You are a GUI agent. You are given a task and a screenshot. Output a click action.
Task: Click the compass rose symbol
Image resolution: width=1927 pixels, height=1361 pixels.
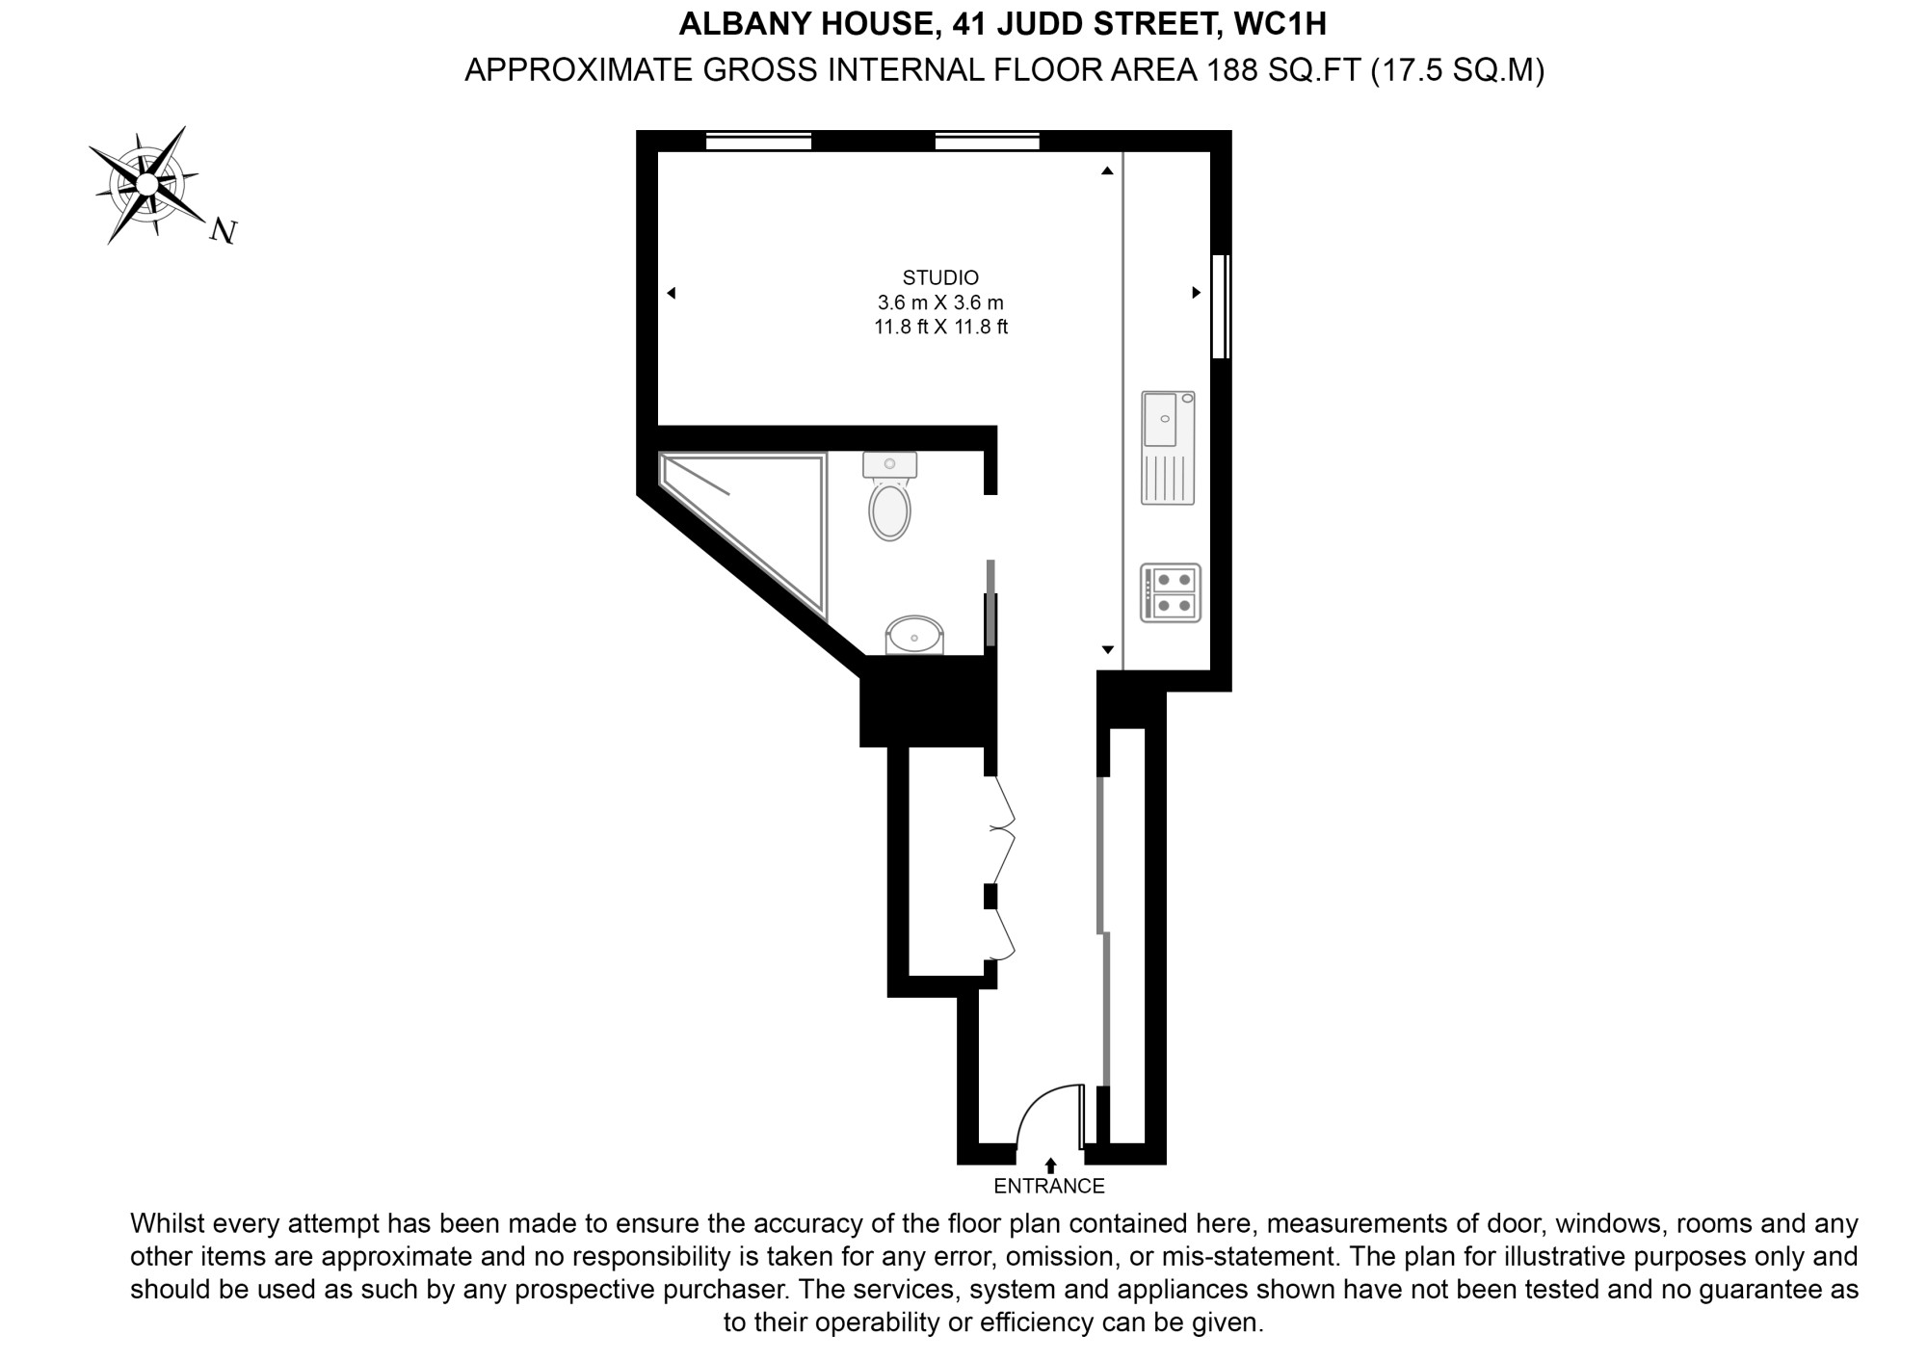146,184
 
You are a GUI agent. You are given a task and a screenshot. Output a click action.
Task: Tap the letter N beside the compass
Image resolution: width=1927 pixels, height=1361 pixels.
224,231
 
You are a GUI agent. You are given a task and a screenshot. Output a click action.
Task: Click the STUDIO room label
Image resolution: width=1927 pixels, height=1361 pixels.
940,277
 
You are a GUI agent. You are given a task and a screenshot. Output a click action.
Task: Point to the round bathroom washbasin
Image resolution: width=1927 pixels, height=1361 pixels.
914,636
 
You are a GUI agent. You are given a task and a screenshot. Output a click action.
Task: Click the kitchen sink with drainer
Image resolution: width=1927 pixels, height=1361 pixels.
1168,448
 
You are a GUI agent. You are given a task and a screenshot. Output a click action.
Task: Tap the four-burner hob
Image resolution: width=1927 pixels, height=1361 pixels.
1171,592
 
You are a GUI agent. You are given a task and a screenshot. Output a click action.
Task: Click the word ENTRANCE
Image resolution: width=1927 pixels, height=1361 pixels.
1049,1186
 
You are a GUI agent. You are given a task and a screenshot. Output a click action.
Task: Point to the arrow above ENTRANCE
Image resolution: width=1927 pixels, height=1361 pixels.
1050,1165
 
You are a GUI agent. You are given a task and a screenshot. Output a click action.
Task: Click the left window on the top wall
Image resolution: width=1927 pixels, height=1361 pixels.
758,142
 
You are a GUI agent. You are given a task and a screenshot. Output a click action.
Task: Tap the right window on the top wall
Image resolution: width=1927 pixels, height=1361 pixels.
988,142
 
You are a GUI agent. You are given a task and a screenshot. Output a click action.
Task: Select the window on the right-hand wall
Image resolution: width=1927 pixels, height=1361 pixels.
1221,306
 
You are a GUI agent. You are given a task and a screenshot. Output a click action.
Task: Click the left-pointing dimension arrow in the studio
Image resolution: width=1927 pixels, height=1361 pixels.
671,293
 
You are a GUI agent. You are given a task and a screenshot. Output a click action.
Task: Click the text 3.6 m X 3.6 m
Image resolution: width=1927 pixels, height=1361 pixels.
940,302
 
